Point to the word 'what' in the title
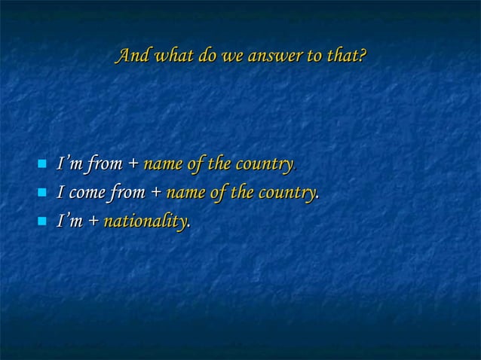[x=171, y=56]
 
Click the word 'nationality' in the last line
[x=146, y=222]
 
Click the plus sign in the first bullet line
[x=133, y=163]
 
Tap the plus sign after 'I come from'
[x=155, y=193]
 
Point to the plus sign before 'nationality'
[x=93, y=222]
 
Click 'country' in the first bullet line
[x=264, y=163]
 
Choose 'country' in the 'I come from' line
[x=286, y=193]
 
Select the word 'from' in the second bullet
[x=129, y=193]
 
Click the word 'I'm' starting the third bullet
[x=70, y=222]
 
